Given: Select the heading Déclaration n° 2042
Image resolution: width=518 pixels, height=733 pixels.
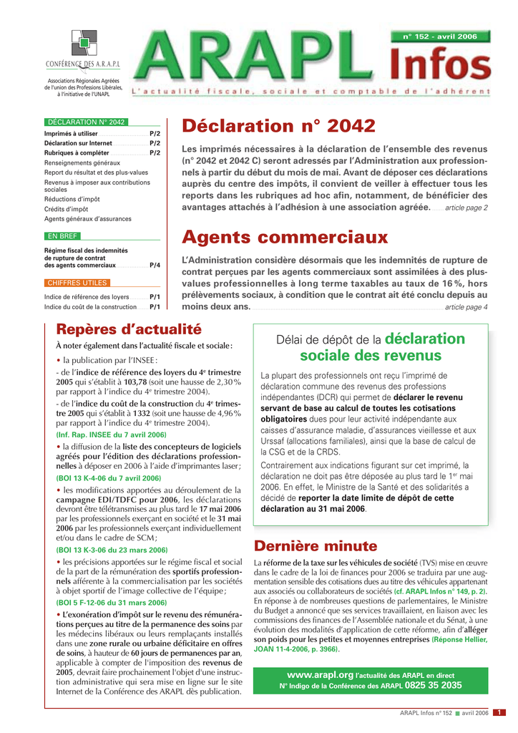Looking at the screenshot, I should [278, 126].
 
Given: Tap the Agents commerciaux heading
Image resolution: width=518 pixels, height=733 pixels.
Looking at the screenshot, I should [285, 237].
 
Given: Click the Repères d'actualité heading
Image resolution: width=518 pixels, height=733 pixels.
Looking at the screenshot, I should [129, 329].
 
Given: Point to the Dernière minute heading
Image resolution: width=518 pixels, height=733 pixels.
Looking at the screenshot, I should [316, 545].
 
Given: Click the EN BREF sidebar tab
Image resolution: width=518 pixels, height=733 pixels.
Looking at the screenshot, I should [62, 236].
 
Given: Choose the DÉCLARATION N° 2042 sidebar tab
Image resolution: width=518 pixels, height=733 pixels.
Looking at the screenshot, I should [86, 122].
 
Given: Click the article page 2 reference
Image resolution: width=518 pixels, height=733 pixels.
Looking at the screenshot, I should [466, 208].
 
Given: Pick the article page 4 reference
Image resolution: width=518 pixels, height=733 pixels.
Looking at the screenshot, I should [466, 306].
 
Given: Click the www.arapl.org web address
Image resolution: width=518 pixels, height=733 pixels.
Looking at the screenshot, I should [321, 675].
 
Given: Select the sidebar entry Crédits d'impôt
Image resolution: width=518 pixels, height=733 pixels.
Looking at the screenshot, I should [66, 208].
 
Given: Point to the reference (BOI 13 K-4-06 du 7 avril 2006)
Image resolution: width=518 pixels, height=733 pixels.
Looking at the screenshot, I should [109, 477].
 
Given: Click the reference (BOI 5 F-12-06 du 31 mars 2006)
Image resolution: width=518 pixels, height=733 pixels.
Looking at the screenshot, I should [110, 603].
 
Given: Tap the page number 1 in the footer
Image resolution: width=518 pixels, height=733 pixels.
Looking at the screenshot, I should [500, 712].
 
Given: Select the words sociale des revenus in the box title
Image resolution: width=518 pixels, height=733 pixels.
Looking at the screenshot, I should [371, 356].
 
